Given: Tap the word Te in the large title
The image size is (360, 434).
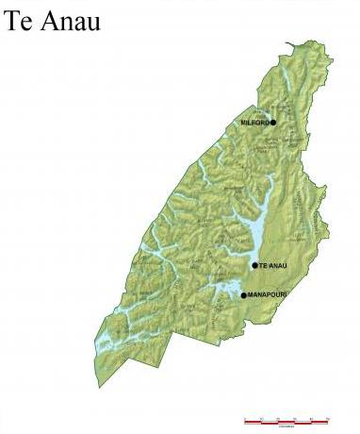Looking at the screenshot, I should tap(19, 20).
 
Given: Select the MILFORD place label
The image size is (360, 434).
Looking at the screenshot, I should tap(254, 123).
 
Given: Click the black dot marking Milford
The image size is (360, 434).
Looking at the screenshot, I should tap(273, 122).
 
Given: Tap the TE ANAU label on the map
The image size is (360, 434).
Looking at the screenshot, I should tap(271, 266).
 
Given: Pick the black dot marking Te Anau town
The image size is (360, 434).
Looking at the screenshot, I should tap(254, 265).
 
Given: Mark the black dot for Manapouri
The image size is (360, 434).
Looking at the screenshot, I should tap(243, 295).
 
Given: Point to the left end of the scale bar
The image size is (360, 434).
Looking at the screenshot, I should tap(245, 422).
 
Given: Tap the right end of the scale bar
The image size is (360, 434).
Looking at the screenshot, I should tap(329, 422).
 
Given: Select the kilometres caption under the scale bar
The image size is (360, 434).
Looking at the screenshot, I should tap(286, 427).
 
